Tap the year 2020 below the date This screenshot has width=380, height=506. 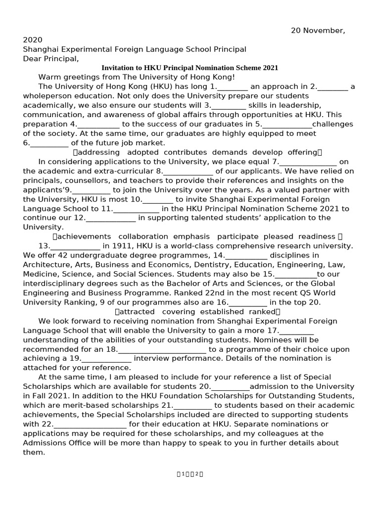coord(33,40)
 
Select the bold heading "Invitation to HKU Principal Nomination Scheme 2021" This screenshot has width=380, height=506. coord(190,68)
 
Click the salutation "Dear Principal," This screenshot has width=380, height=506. coord(51,59)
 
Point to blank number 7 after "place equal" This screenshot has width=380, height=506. coord(308,162)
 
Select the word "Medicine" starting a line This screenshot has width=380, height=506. coord(40,274)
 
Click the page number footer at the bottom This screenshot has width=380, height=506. coord(190,474)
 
